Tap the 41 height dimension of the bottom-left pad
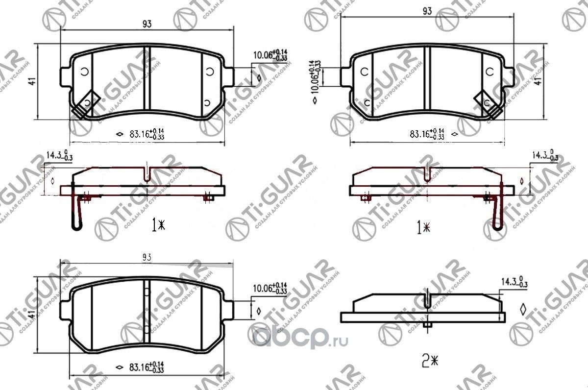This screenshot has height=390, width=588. point(32,315)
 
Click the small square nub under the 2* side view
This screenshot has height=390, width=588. point(428,325)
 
